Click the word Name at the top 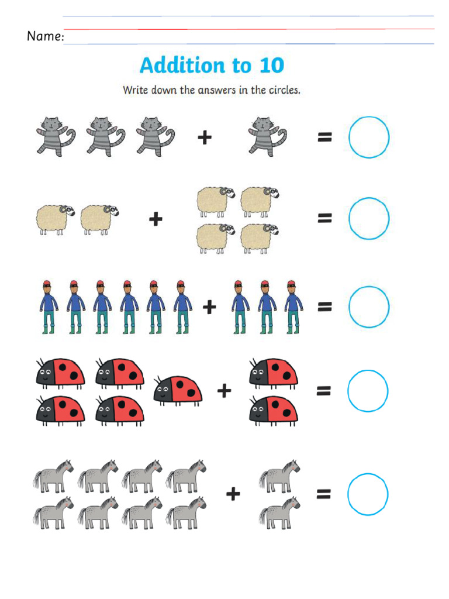point(44,36)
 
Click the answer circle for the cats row point(369,137)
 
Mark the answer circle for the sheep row point(369,219)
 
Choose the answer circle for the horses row point(368,494)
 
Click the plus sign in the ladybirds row point(224,390)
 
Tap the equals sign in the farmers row point(324,306)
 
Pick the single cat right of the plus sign point(267,136)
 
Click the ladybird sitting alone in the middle point(178,390)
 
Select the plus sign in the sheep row point(155,219)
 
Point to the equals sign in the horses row point(324,494)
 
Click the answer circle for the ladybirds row point(368,391)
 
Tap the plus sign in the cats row point(204,137)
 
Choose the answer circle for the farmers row point(369,306)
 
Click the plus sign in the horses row point(233,494)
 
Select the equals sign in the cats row point(324,137)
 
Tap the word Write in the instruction point(135,91)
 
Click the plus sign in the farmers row point(209,307)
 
